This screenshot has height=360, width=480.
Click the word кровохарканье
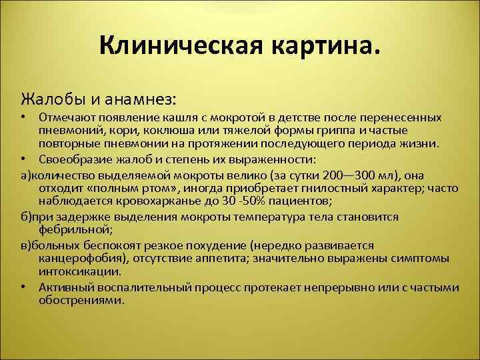(x=147, y=201)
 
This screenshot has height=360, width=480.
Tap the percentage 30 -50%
(x=227, y=201)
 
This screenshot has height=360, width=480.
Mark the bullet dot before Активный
(x=23, y=287)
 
